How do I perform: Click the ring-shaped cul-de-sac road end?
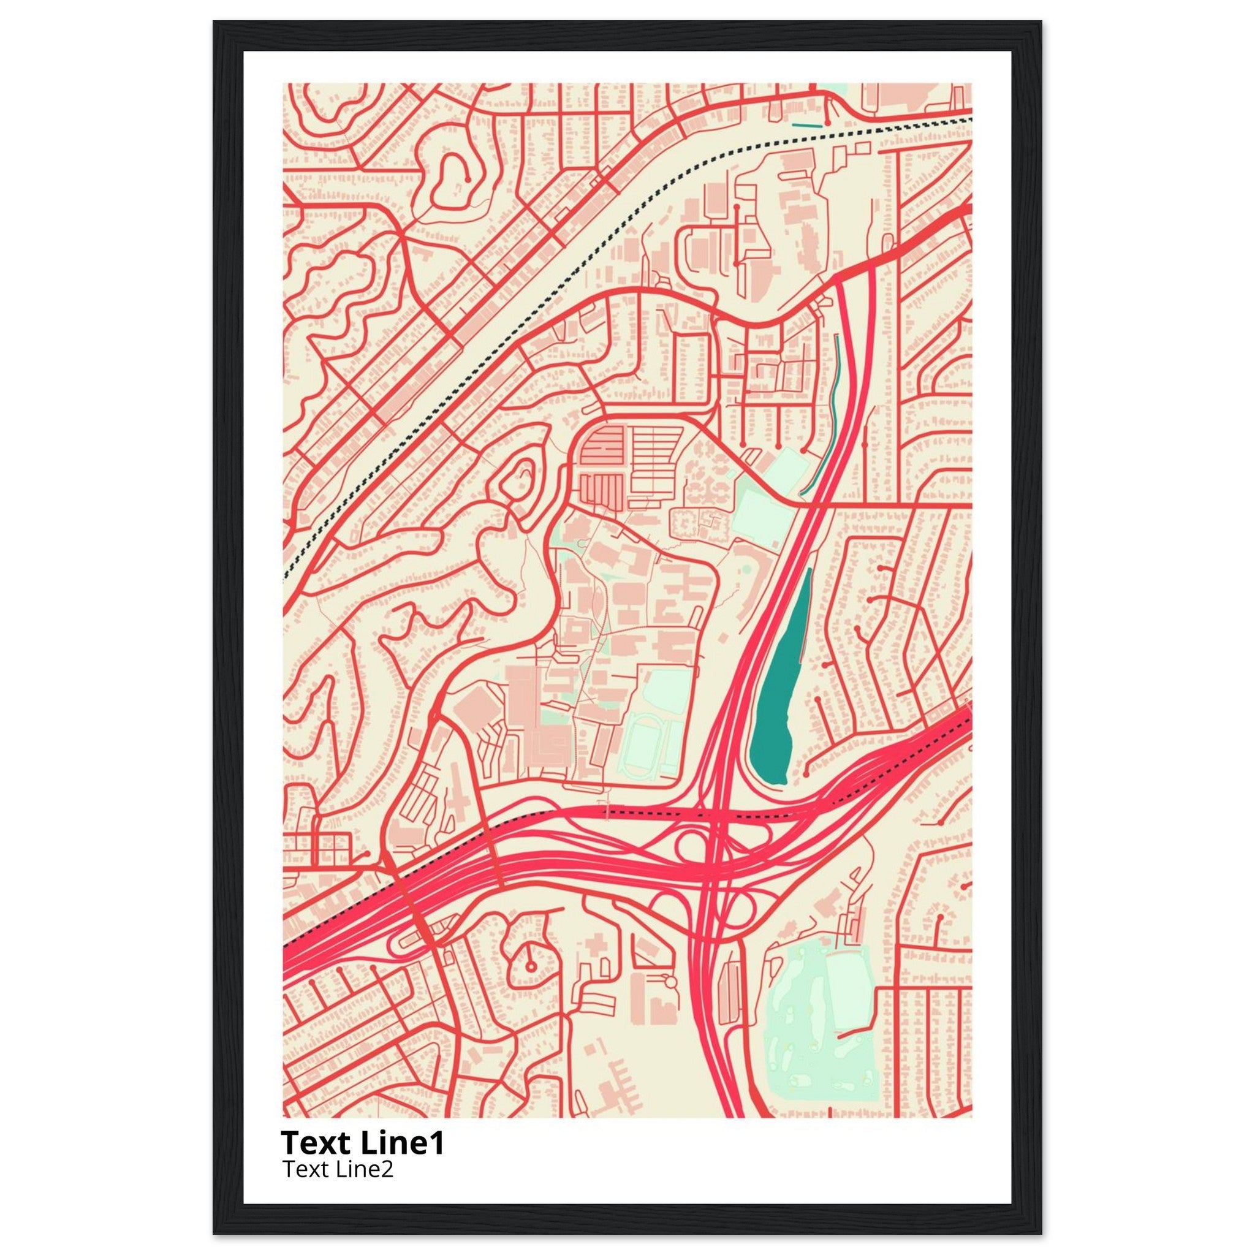(531, 984)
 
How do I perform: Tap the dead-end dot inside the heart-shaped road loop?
(468, 176)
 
